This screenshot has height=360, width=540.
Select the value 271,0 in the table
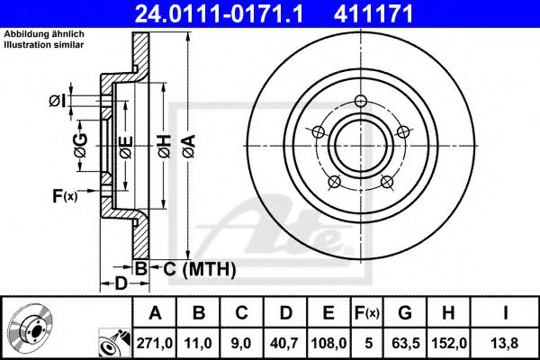(155, 342)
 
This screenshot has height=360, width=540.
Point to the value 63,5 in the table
(405, 342)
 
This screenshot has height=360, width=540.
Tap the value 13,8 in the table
(508, 342)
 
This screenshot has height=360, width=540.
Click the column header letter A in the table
(155, 313)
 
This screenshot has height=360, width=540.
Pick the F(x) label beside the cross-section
(66, 194)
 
